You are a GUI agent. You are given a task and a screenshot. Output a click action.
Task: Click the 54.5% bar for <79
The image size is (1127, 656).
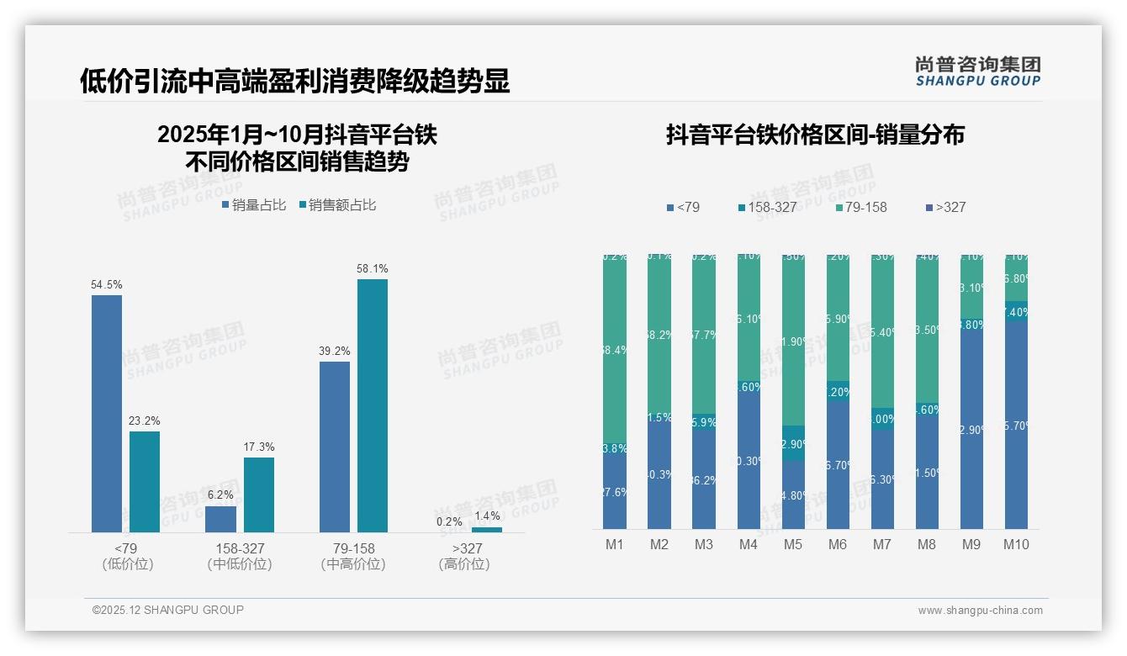[107, 413]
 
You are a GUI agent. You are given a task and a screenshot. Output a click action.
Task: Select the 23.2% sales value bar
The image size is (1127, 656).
[145, 481]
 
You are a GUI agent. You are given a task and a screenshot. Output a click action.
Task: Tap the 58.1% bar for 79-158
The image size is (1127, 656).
[373, 405]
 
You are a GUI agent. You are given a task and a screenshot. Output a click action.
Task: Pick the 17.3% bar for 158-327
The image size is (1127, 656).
[259, 495]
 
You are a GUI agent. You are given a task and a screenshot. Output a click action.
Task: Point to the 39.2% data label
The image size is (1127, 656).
[335, 351]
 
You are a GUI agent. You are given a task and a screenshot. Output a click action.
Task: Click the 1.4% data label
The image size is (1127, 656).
[487, 516]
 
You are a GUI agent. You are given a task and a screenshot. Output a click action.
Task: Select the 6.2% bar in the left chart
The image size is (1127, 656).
[220, 519]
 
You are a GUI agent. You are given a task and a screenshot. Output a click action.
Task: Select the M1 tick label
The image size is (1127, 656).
[615, 544]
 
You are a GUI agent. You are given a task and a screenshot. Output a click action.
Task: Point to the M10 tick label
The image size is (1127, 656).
[1016, 544]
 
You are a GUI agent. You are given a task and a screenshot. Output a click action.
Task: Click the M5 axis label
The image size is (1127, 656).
[793, 544]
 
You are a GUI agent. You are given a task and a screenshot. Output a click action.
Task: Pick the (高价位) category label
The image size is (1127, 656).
[464, 564]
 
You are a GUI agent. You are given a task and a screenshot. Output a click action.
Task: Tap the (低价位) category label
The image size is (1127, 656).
[128, 564]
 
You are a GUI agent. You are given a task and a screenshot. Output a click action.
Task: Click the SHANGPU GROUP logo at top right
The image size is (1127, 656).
[978, 71]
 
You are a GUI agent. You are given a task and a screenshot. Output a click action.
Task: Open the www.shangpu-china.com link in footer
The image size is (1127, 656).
[980, 611]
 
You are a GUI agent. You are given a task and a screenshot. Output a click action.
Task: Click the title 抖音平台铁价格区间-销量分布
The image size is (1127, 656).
[815, 135]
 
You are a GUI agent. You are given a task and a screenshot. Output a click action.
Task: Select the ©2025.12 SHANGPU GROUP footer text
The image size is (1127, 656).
[168, 610]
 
